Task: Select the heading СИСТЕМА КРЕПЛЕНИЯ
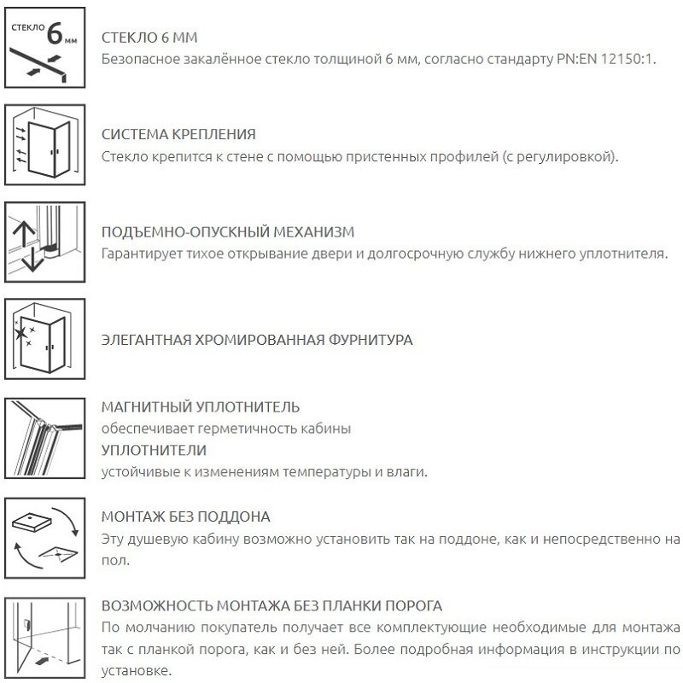coord(178,134)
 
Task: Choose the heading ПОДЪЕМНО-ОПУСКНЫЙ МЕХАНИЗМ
coord(227,231)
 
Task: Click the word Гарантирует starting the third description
coord(139,254)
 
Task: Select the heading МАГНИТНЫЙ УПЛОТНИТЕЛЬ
coord(200,406)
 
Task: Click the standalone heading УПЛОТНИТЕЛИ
coord(154,450)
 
